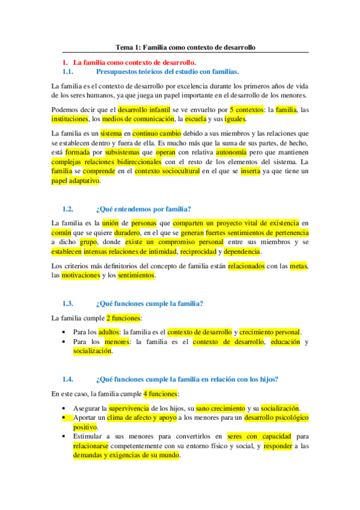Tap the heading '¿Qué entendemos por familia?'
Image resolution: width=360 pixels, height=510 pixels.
point(143,209)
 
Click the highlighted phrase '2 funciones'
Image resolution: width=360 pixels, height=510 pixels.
point(124,318)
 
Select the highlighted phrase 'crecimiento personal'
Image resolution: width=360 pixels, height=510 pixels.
point(270,332)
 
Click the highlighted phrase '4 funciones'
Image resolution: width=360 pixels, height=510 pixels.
point(160,393)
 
